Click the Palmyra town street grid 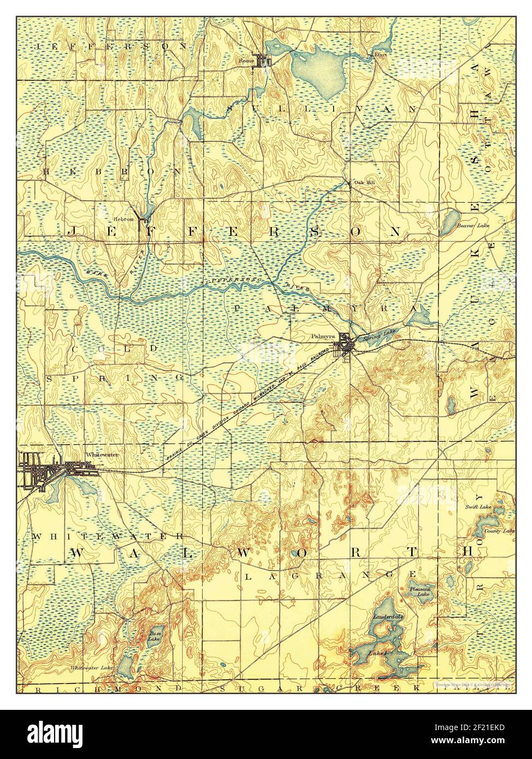coord(346,346)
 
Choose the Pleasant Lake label coord(421,592)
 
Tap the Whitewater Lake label coord(91,668)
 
